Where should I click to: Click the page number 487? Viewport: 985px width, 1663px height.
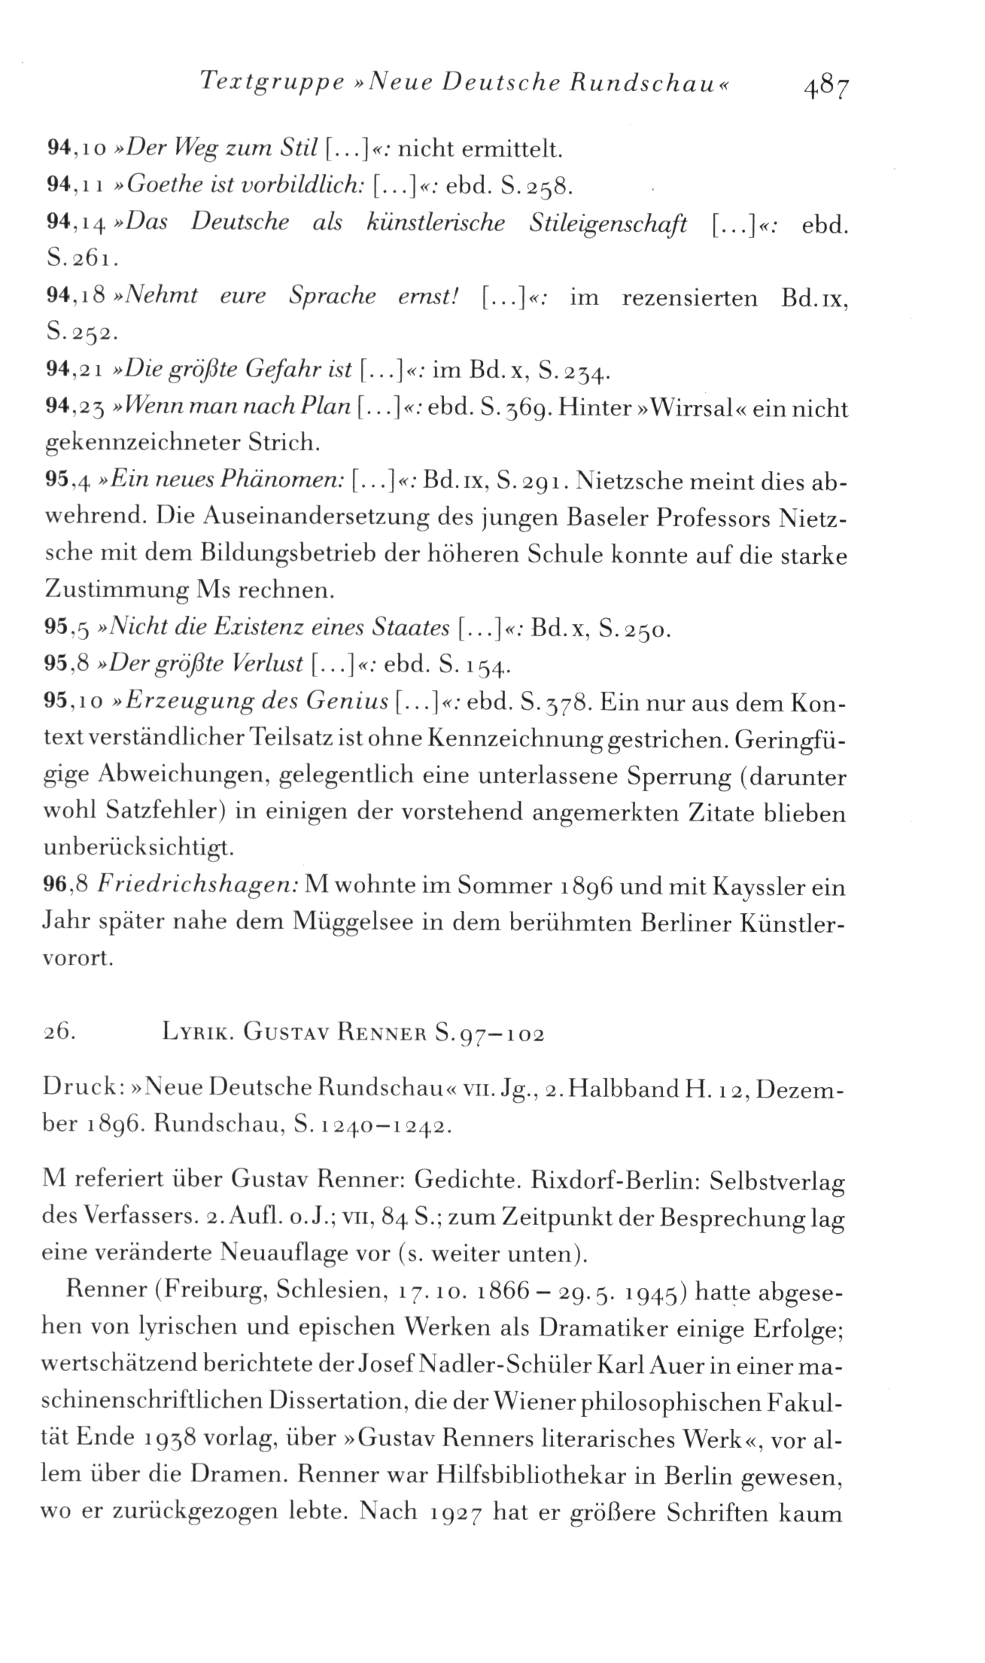click(825, 84)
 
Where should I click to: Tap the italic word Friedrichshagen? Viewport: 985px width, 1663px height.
click(198, 887)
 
